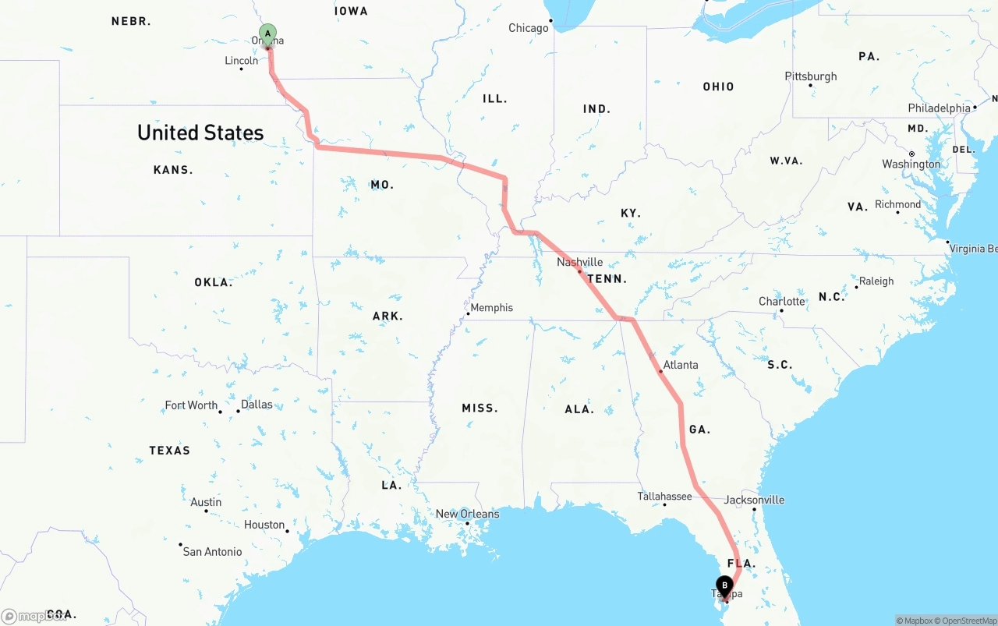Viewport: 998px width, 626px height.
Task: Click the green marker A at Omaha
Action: (x=267, y=34)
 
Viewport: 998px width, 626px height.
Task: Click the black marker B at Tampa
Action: (x=725, y=585)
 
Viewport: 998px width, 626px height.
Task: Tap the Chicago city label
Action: (x=529, y=28)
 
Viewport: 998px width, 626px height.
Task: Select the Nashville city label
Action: (x=579, y=262)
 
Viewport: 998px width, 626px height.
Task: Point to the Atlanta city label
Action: (x=681, y=365)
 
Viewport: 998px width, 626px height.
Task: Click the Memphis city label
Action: (x=491, y=307)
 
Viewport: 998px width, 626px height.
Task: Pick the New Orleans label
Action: (x=467, y=514)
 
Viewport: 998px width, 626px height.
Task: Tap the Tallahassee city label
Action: (x=664, y=496)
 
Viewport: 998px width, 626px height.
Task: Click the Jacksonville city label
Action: (x=754, y=500)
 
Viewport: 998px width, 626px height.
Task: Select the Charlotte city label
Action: (x=782, y=302)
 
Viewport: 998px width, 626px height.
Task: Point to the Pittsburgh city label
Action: (x=811, y=76)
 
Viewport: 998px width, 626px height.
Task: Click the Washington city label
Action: (x=911, y=164)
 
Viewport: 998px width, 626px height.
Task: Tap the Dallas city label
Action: (x=257, y=404)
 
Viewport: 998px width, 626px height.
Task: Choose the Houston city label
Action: (x=264, y=525)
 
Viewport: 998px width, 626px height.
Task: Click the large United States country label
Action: (x=200, y=133)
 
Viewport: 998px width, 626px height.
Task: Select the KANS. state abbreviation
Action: (x=173, y=170)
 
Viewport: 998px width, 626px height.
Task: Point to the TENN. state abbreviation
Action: (x=607, y=279)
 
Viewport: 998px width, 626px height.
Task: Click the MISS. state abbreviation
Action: (x=480, y=408)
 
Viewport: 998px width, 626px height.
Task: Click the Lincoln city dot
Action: (x=241, y=69)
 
